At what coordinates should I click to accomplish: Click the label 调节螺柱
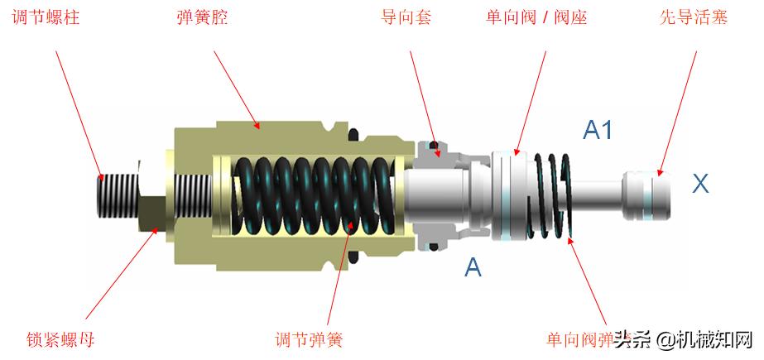pos(46,17)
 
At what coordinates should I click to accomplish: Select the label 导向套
pos(406,17)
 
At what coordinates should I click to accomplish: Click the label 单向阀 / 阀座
pos(536,17)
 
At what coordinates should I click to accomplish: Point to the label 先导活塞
pos(694,17)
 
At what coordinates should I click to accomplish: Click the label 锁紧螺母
pos(60,339)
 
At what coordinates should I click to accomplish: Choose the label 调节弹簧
pos(308,339)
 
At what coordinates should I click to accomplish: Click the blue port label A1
pos(598,129)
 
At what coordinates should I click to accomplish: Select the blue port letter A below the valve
pos(473,266)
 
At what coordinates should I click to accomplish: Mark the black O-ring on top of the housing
pos(355,133)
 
